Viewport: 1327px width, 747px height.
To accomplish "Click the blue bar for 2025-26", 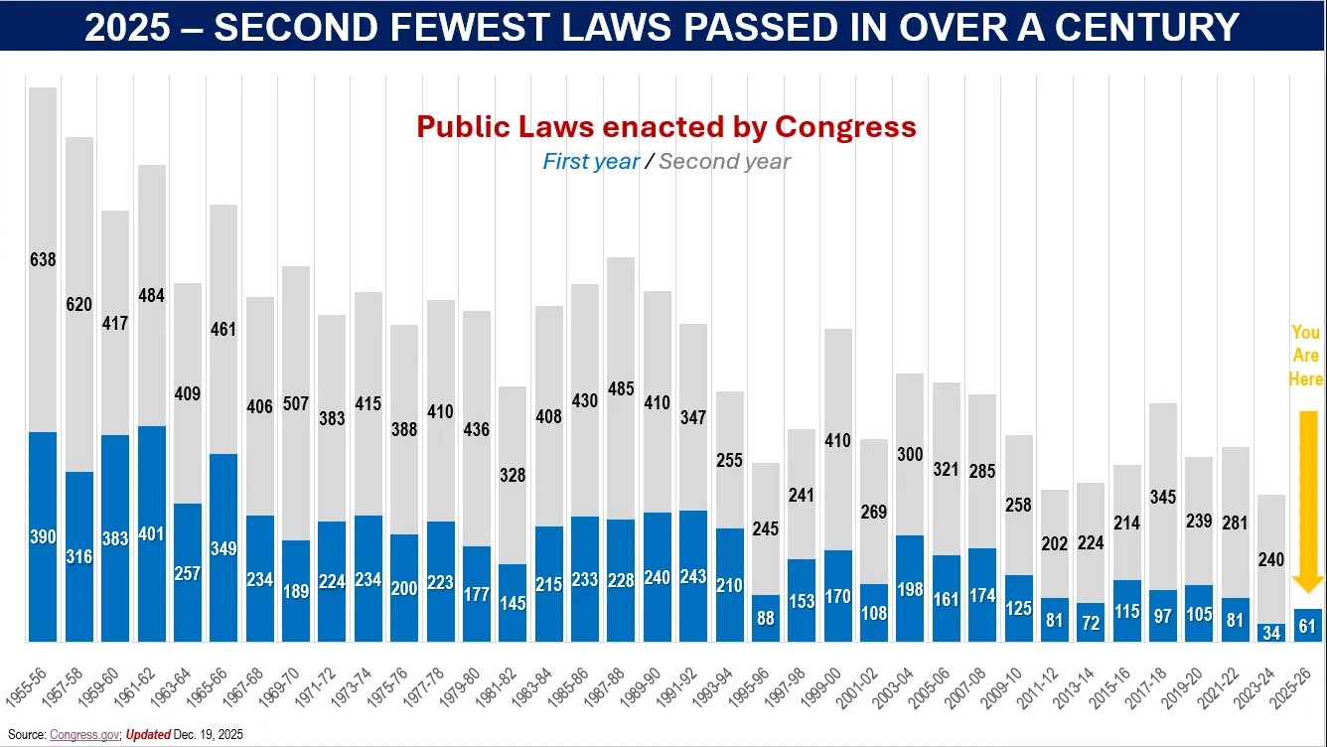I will (1308, 625).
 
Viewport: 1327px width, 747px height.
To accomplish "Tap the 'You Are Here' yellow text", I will (1306, 356).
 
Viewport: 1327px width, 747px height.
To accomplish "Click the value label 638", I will (43, 260).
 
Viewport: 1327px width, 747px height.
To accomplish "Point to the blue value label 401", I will (151, 534).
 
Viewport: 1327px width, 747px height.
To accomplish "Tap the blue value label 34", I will (1272, 633).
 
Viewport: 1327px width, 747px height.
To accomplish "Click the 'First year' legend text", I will (590, 162).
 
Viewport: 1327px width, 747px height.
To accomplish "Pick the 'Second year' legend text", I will (724, 162).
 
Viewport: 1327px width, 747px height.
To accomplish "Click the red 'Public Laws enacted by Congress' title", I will (665, 127).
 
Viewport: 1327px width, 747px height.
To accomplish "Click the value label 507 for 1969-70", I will (296, 404).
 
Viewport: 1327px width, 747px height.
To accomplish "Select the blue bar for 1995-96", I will (765, 618).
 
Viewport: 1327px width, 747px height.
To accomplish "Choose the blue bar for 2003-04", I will (909, 588).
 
